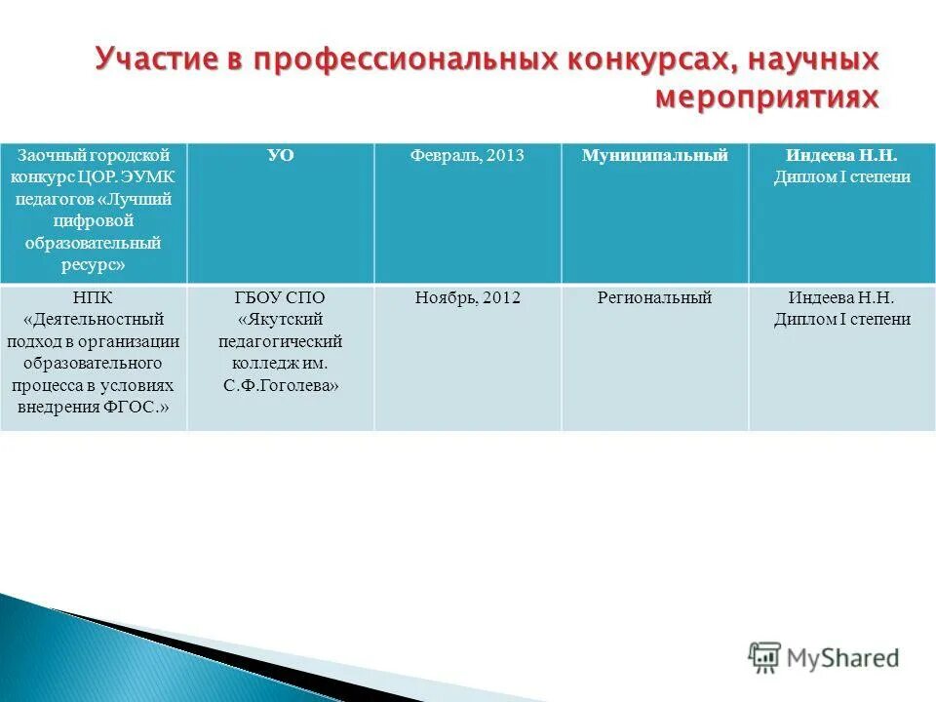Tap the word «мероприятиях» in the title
click(766, 97)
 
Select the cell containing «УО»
click(281, 156)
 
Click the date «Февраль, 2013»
click(468, 156)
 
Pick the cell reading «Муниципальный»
click(654, 156)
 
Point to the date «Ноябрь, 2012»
click(468, 298)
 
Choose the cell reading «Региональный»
click(654, 298)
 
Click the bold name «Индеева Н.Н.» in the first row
click(841, 156)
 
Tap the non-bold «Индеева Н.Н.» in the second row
click(841, 298)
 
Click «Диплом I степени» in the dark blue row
click(841, 177)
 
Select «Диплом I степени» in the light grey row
click(841, 320)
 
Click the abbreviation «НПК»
click(93, 298)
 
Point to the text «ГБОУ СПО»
click(281, 298)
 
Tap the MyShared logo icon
click(765, 658)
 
